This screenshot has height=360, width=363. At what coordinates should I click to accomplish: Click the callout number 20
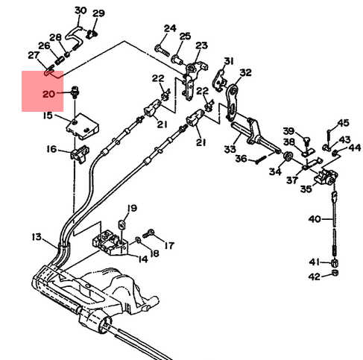pyautogui.click(x=48, y=94)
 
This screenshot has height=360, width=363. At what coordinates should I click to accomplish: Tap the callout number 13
pyautogui.click(x=37, y=237)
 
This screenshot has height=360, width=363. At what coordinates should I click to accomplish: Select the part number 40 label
pyautogui.click(x=315, y=219)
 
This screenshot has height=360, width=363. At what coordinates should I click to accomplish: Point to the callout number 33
pyautogui.click(x=230, y=149)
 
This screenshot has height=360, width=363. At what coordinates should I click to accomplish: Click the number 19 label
pyautogui.click(x=132, y=208)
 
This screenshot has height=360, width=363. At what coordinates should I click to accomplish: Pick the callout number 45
pyautogui.click(x=343, y=123)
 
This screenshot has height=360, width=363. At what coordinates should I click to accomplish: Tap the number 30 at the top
pyautogui.click(x=81, y=10)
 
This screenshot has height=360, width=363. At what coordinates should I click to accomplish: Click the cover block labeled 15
pyautogui.click(x=82, y=127)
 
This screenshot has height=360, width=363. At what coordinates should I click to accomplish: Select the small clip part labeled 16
pyautogui.click(x=80, y=154)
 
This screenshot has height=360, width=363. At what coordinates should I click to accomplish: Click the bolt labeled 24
pyautogui.click(x=162, y=50)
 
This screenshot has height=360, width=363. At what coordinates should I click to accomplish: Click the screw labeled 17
pyautogui.click(x=148, y=233)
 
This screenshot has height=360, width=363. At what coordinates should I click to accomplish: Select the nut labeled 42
pyautogui.click(x=335, y=274)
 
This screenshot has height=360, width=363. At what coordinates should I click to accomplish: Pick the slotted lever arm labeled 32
pyautogui.click(x=232, y=103)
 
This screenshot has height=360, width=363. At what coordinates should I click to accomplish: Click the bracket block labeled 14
pyautogui.click(x=110, y=243)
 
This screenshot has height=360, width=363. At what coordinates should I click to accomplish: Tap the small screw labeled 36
pyautogui.click(x=261, y=160)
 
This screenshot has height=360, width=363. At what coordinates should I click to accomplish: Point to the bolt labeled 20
pyautogui.click(x=74, y=91)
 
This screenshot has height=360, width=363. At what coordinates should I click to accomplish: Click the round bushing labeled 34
pyautogui.click(x=288, y=156)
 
